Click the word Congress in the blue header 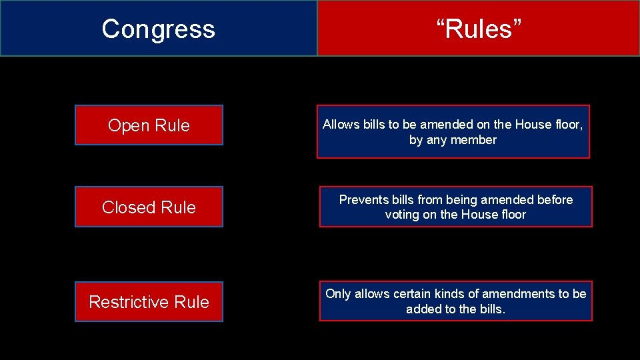point(159,29)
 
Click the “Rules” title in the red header point(479,29)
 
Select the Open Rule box point(149,125)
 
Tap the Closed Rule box point(149,207)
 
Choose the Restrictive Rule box point(149,302)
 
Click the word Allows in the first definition point(341,125)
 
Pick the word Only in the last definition point(338,294)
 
